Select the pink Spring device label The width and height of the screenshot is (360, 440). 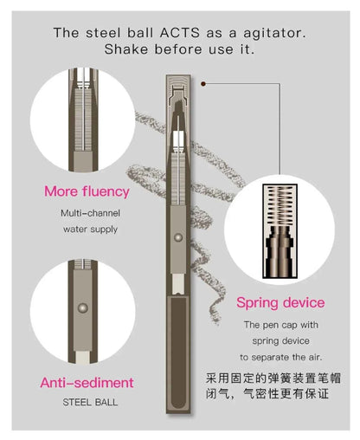pyautogui.click(x=280, y=303)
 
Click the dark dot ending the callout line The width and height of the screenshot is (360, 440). pyautogui.click(x=202, y=83)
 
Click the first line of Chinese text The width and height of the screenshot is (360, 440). pyautogui.click(x=280, y=379)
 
